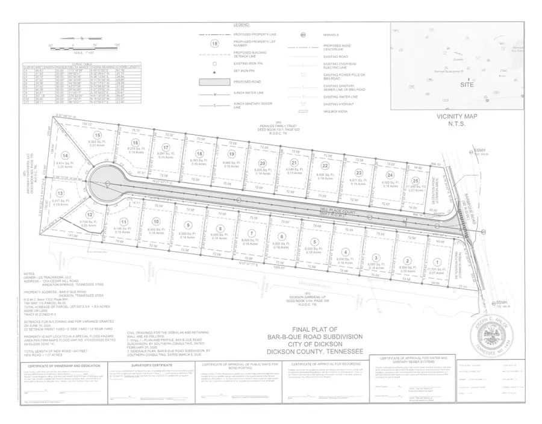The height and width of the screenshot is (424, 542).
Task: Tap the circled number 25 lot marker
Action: point(416,181)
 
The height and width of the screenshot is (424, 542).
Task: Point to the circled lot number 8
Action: point(220,228)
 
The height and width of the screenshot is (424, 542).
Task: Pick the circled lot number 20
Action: point(262,163)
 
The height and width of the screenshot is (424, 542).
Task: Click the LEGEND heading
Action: point(241,24)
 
